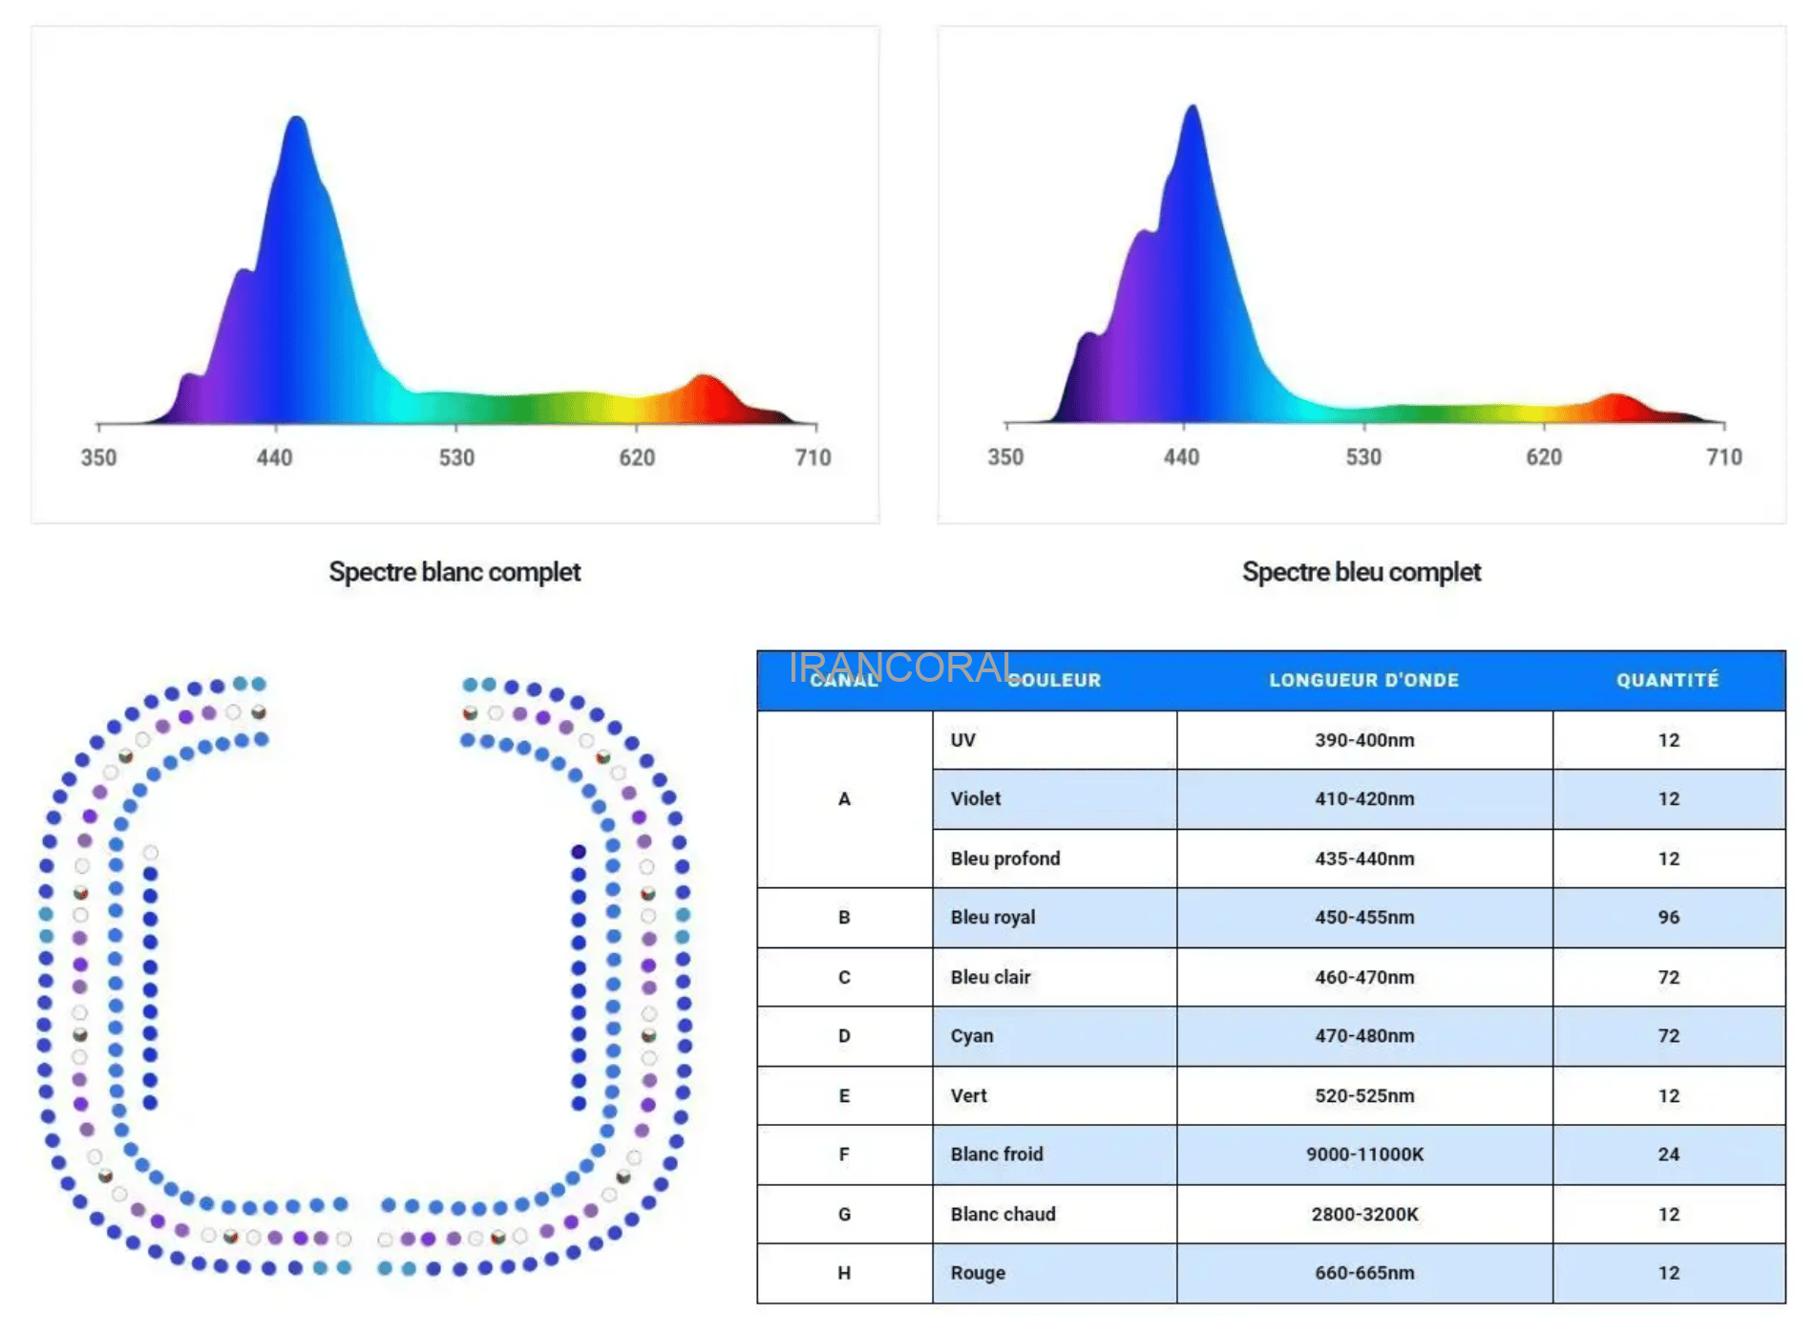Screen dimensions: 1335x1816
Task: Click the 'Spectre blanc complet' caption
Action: pos(454,572)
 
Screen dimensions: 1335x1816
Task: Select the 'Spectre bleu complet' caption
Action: pos(1361,572)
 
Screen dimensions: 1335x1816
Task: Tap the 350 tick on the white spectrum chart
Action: pos(98,457)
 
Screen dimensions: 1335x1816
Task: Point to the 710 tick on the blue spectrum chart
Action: pos(1723,457)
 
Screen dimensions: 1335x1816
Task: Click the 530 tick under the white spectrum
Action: pos(456,457)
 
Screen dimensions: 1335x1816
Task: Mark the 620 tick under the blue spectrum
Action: pos(1543,457)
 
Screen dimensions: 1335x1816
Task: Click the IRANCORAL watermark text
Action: pos(903,667)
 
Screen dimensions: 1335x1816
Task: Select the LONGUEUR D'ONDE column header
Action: pos(1363,680)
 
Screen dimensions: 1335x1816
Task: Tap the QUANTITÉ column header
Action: pos(1667,680)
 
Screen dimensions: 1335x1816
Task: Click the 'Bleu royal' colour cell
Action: pos(993,917)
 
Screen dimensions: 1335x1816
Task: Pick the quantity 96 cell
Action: pos(1668,917)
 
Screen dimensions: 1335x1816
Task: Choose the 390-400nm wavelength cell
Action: pos(1363,740)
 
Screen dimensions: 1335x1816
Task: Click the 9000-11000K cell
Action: pos(1363,1154)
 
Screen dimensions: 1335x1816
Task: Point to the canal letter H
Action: pos(844,1272)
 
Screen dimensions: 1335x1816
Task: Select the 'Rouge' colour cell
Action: pos(978,1272)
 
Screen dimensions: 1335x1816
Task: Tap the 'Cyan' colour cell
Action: pos(972,1035)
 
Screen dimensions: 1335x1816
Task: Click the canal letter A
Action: pos(844,798)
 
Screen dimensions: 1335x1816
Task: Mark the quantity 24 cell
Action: pos(1668,1154)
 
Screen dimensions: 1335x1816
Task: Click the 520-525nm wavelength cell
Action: pos(1363,1095)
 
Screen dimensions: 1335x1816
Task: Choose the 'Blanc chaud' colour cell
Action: pos(1003,1214)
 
